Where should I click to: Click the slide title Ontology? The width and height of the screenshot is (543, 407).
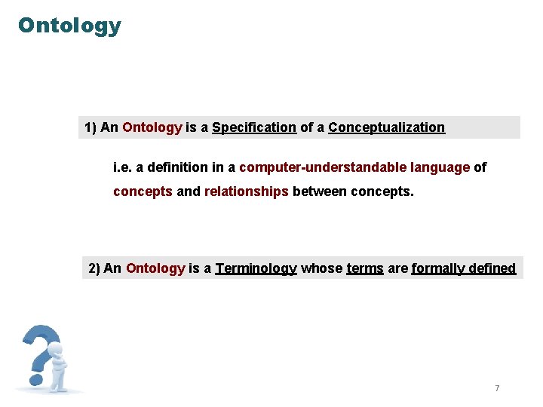pyautogui.click(x=69, y=26)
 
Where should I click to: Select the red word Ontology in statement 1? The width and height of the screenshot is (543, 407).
pyautogui.click(x=152, y=127)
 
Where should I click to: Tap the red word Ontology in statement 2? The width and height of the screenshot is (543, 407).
pyautogui.click(x=155, y=268)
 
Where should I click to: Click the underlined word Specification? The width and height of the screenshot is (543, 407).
pyautogui.click(x=254, y=127)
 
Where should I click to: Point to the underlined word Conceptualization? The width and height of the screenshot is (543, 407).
pyautogui.click(x=386, y=127)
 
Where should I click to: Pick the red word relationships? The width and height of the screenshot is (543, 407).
pyautogui.click(x=246, y=191)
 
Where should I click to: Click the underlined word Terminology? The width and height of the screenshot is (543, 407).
pyautogui.click(x=256, y=268)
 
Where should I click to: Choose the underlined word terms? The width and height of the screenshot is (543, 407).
pyautogui.click(x=365, y=268)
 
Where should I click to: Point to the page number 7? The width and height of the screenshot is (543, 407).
pyautogui.click(x=497, y=388)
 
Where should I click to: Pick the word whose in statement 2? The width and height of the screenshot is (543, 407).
pyautogui.click(x=321, y=268)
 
